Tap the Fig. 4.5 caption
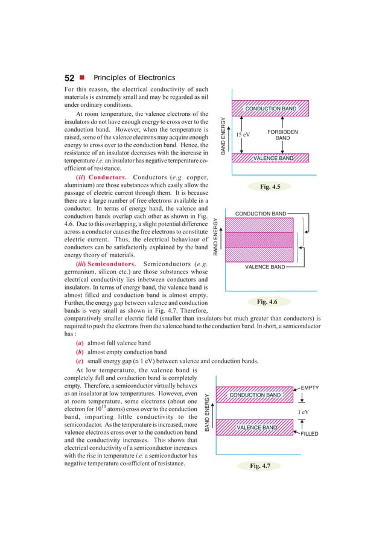point(269,187)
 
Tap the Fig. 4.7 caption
point(269,467)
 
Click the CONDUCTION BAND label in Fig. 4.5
point(270,109)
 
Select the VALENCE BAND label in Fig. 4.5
point(273,159)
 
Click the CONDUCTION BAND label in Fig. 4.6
point(260,214)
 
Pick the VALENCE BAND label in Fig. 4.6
point(265,266)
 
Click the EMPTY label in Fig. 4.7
point(309,387)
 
